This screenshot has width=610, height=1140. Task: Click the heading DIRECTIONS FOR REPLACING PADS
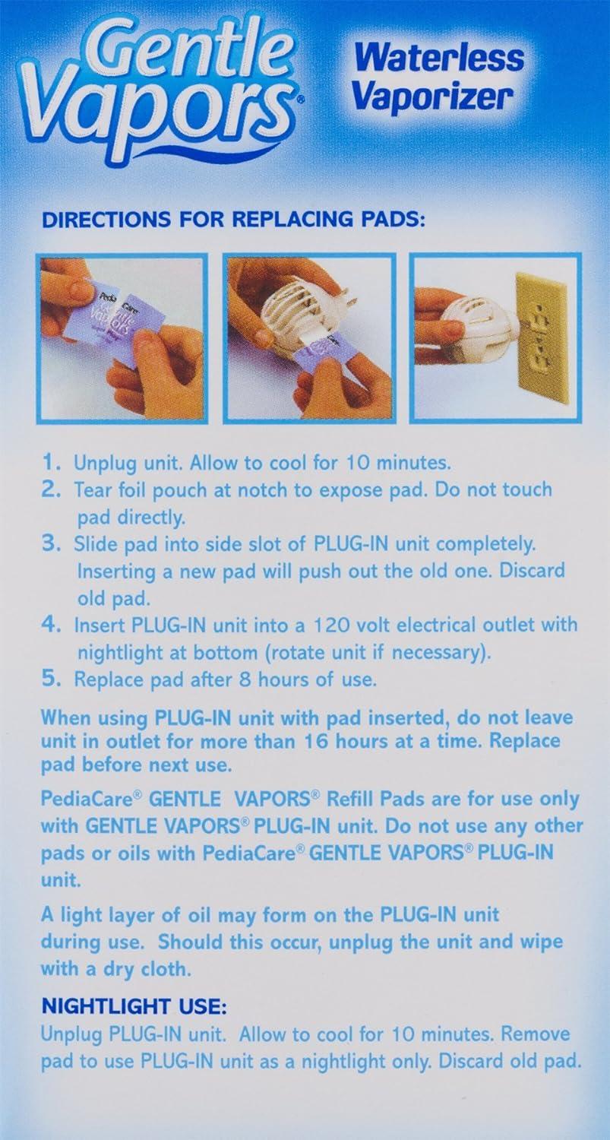click(x=233, y=220)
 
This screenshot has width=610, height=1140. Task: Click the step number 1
click(x=49, y=463)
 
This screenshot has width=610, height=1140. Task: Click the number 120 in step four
click(x=332, y=625)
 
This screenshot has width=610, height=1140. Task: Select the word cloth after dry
click(x=166, y=968)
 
